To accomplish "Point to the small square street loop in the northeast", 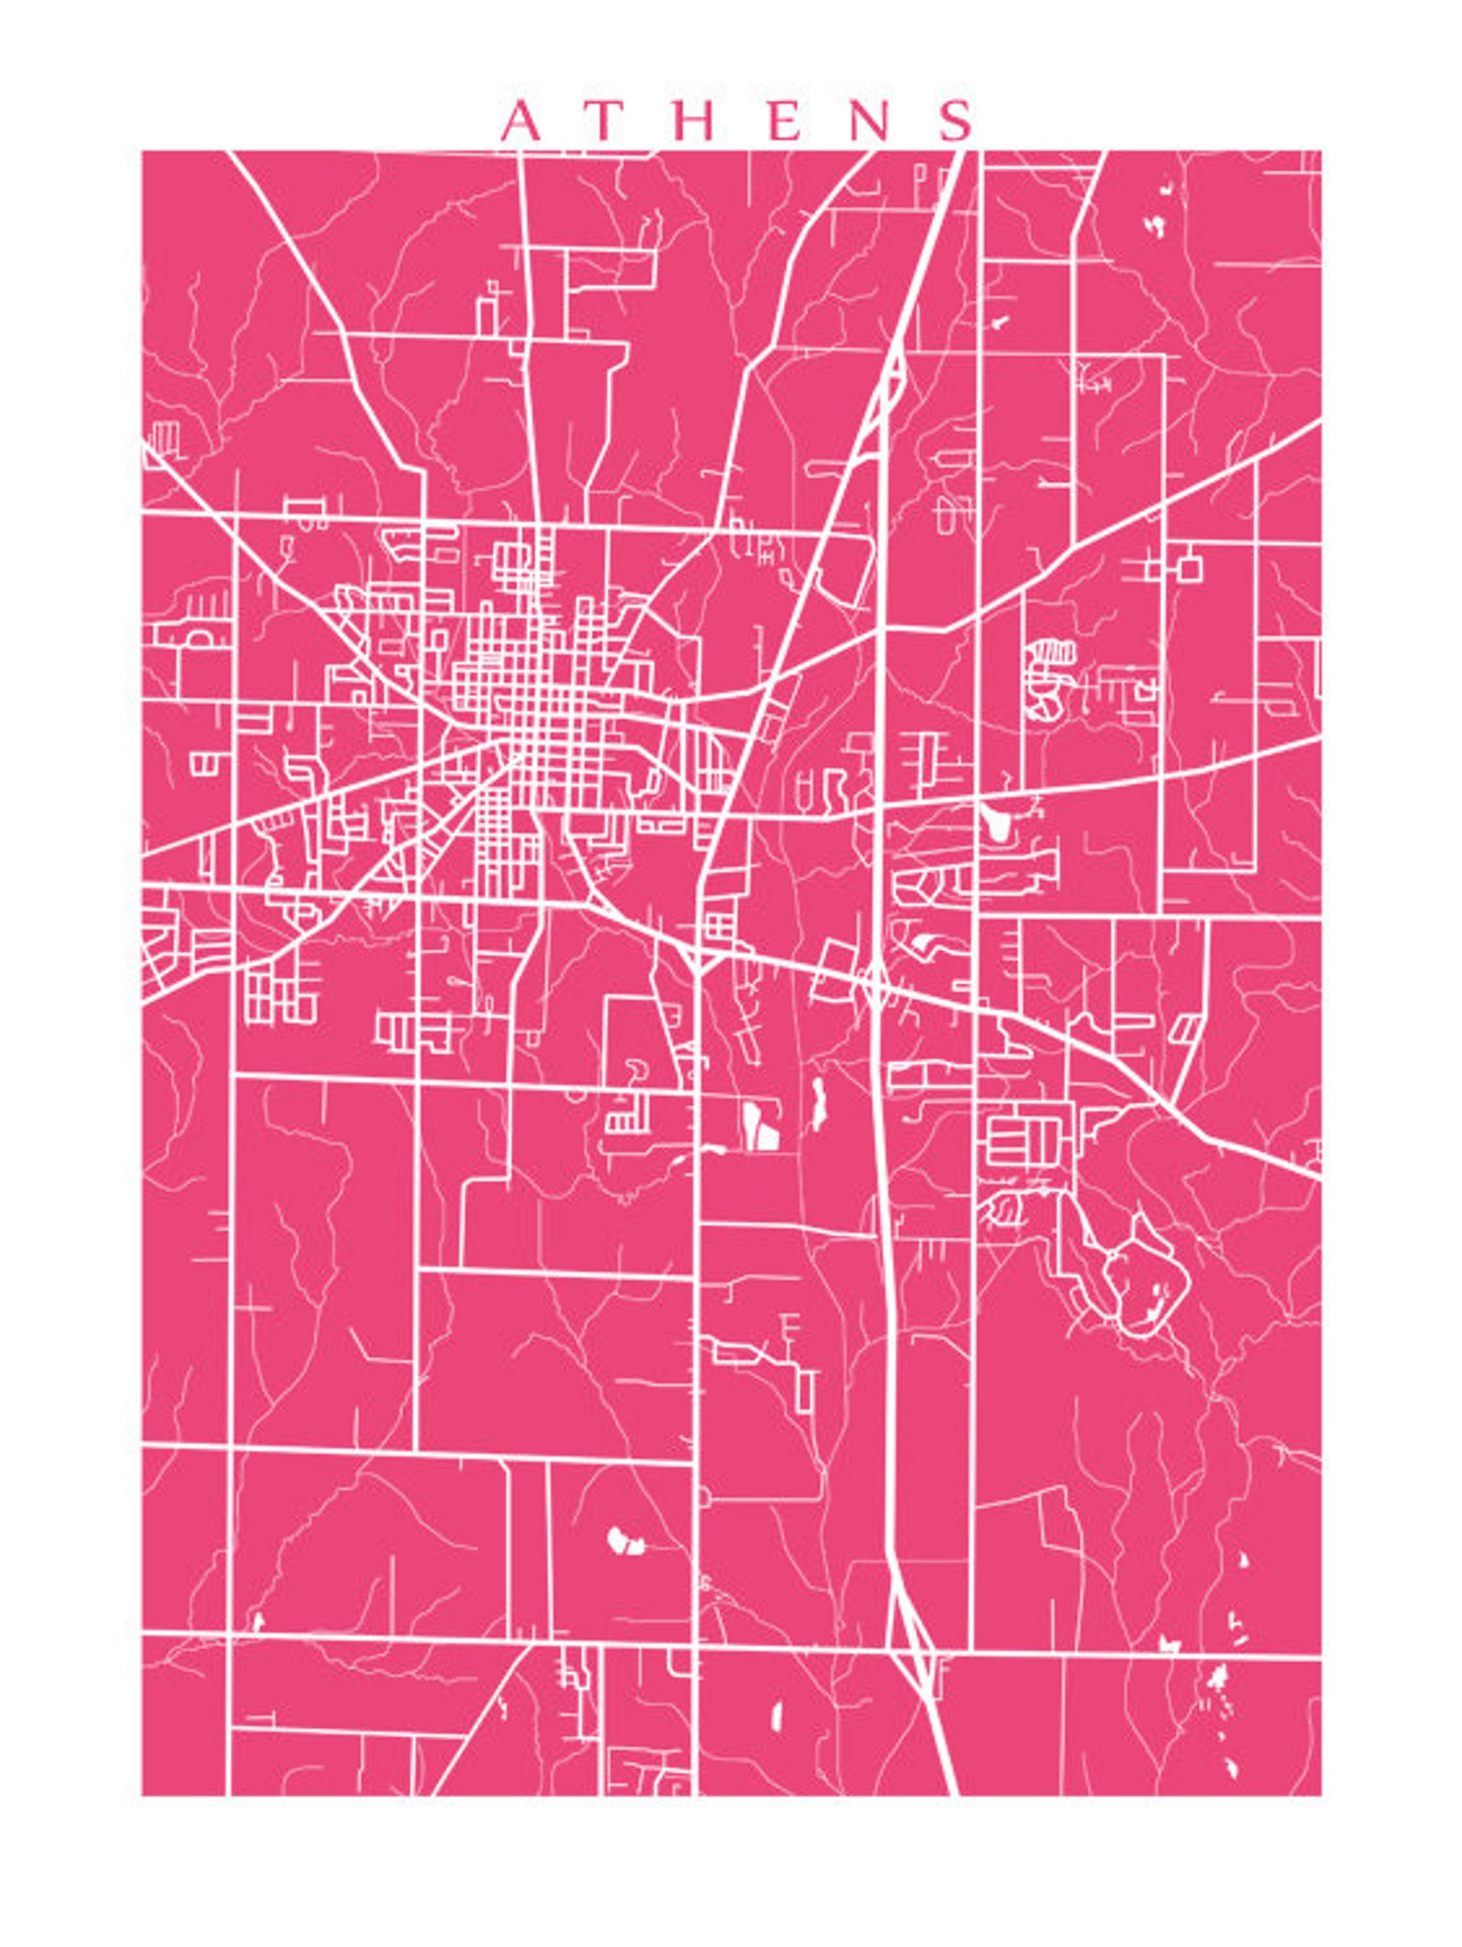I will point(1189,568).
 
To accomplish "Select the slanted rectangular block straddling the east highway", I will point(834,971).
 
